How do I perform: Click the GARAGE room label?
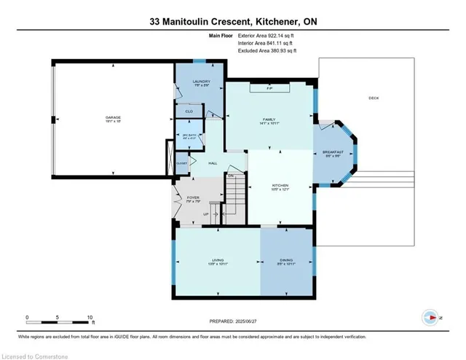pos(113,117)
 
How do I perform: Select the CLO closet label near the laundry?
pos(189,111)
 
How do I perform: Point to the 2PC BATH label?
pos(189,136)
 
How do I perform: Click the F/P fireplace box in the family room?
pos(269,88)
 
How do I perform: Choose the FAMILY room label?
pos(269,119)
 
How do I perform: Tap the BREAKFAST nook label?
pos(333,152)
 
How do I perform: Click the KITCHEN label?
pos(280,185)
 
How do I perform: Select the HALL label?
pos(214,163)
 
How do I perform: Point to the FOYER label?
pos(192,197)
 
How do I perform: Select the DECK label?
pos(374,98)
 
